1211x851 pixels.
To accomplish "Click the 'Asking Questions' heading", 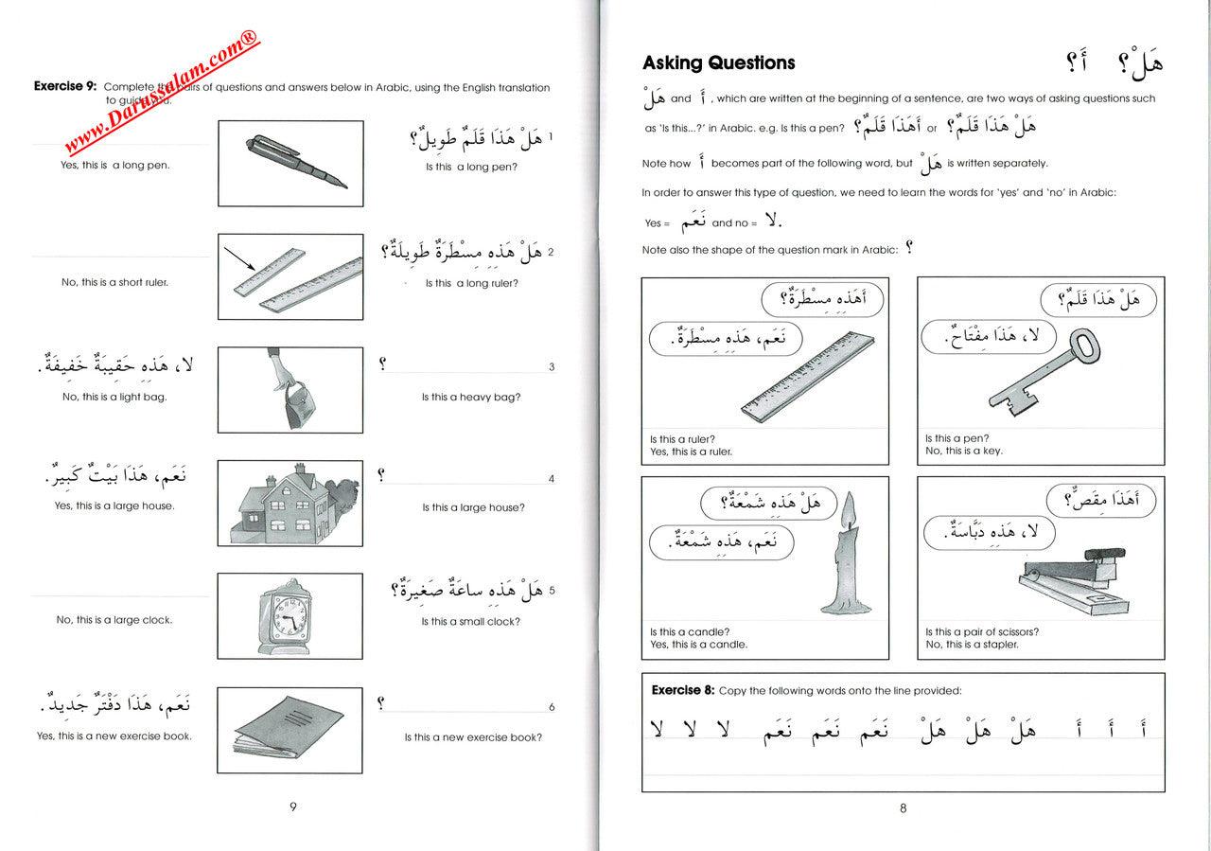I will point(718,63).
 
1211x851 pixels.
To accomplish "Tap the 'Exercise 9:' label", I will point(64,86).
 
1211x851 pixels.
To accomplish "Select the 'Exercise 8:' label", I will point(682,690).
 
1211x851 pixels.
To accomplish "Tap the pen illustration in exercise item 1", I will point(289,162).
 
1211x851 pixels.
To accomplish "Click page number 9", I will point(292,807).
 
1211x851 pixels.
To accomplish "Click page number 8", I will point(903,807).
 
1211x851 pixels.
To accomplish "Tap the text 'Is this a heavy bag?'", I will point(471,397).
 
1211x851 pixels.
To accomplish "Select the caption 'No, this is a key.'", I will point(964,452).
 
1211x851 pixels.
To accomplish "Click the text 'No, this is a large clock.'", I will point(114,620).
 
